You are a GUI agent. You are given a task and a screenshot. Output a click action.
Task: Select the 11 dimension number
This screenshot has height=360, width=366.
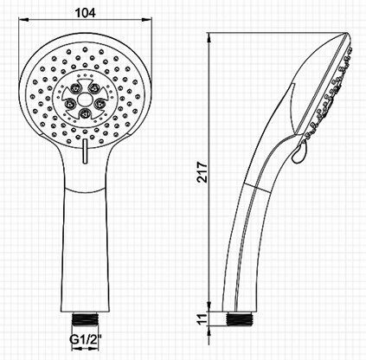point(202,319)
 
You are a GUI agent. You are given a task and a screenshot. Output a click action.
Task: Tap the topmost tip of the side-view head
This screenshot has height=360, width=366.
point(345,36)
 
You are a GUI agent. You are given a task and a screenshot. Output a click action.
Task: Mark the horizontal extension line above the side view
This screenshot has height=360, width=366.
point(277,34)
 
